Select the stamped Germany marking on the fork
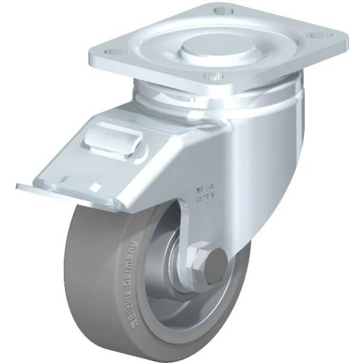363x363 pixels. click(x=205, y=199)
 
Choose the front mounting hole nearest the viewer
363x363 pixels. click(x=214, y=76)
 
